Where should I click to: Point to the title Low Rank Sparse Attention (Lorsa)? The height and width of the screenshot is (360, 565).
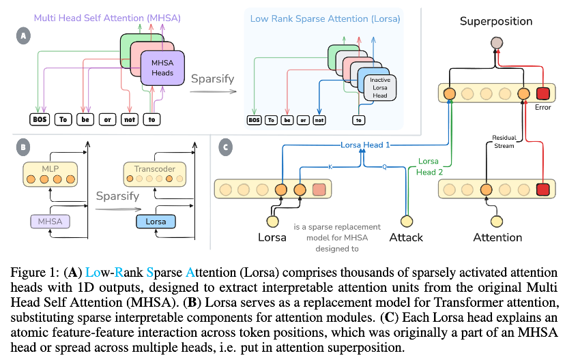click(x=325, y=18)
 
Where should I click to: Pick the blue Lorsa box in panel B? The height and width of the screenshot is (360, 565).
click(x=156, y=222)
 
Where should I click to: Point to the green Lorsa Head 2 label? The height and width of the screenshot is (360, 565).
click(x=430, y=166)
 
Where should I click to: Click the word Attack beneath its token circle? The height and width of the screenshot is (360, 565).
click(x=406, y=238)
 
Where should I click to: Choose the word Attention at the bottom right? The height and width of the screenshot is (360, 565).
click(x=498, y=238)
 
